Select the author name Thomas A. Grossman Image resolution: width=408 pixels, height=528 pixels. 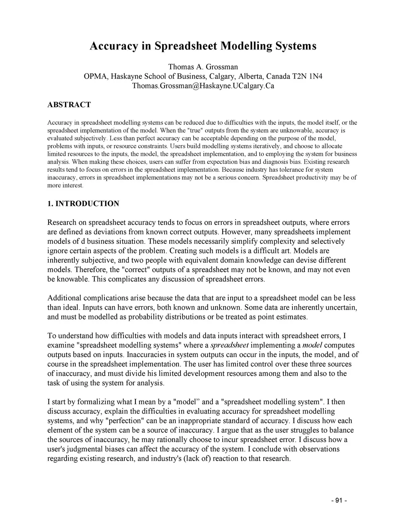click(x=203, y=67)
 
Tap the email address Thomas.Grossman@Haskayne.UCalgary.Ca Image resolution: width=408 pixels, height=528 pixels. click(x=203, y=86)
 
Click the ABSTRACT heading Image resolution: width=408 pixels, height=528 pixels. click(x=69, y=105)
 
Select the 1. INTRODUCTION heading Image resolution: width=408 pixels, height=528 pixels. click(x=83, y=204)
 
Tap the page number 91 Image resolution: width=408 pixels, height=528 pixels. click(x=339, y=501)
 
